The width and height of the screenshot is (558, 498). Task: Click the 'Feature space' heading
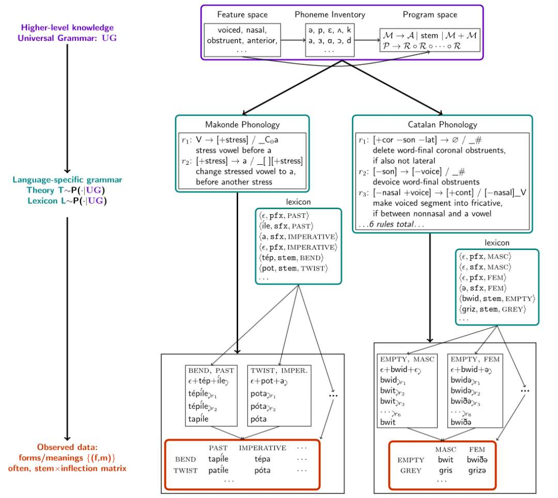[242, 14]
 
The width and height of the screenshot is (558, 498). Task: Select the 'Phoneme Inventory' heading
[330, 14]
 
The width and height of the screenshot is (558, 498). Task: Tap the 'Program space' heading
[430, 15]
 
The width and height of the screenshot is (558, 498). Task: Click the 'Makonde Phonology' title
[242, 125]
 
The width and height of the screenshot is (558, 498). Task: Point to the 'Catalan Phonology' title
[442, 125]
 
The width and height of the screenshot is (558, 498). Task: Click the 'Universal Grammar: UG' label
[67, 38]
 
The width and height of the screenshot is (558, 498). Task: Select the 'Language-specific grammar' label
[67, 180]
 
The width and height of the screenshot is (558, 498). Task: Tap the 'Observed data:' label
[67, 447]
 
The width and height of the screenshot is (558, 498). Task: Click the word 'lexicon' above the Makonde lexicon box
[298, 201]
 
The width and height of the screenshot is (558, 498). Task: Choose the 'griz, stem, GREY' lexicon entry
[492, 309]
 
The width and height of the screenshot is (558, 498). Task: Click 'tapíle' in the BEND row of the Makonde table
[218, 459]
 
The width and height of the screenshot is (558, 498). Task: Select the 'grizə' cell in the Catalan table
[477, 470]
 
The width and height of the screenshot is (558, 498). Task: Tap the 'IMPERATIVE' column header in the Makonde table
[262, 448]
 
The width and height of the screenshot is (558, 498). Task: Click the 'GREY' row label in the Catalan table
[411, 471]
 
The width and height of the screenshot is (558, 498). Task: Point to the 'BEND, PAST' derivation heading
[211, 370]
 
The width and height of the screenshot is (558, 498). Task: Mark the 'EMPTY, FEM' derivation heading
[475, 359]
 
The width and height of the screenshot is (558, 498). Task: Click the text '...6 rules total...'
[392, 224]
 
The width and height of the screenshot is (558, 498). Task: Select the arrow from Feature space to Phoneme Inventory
[293, 40]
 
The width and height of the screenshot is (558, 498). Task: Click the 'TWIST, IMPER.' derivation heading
[279, 370]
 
